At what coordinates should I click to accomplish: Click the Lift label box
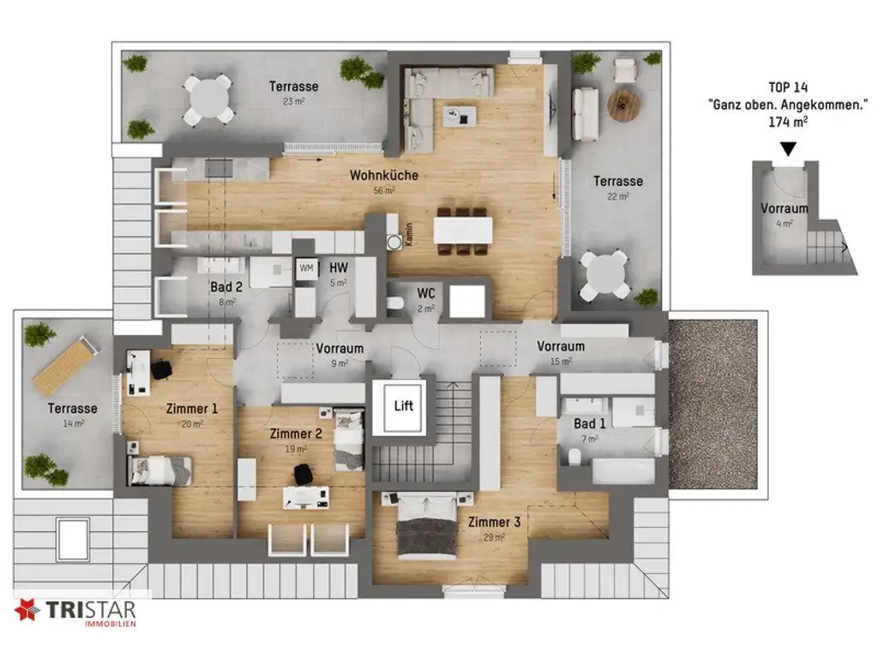pyautogui.click(x=403, y=405)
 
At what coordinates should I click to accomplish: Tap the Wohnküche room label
pyautogui.click(x=383, y=176)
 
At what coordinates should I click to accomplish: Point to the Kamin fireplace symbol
pyautogui.click(x=394, y=242)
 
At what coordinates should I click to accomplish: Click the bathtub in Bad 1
pyautogui.click(x=622, y=470)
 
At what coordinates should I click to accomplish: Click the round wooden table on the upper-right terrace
pyautogui.click(x=624, y=105)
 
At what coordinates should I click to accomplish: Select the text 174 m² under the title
pyautogui.click(x=787, y=123)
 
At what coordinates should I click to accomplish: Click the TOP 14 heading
pyautogui.click(x=786, y=87)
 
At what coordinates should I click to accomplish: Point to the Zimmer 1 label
pyautogui.click(x=191, y=409)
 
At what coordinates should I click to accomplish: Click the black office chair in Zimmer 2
pyautogui.click(x=302, y=473)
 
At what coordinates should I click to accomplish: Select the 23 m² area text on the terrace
pyautogui.click(x=293, y=101)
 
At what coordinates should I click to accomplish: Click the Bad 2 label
pyautogui.click(x=226, y=287)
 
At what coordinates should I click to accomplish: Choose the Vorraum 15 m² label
pyautogui.click(x=561, y=346)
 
